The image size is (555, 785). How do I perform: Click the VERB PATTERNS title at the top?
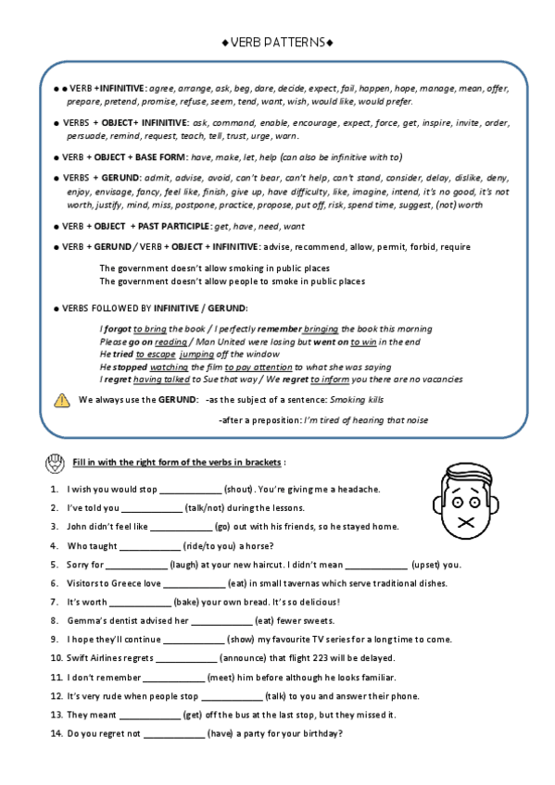[278, 42]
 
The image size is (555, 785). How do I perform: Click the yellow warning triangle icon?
[62, 400]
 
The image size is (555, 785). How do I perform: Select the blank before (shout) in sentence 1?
[191, 489]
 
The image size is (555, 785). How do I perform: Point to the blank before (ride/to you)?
[149, 545]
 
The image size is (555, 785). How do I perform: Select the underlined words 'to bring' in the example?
[150, 329]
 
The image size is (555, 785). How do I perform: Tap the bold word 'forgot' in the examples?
[117, 329]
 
